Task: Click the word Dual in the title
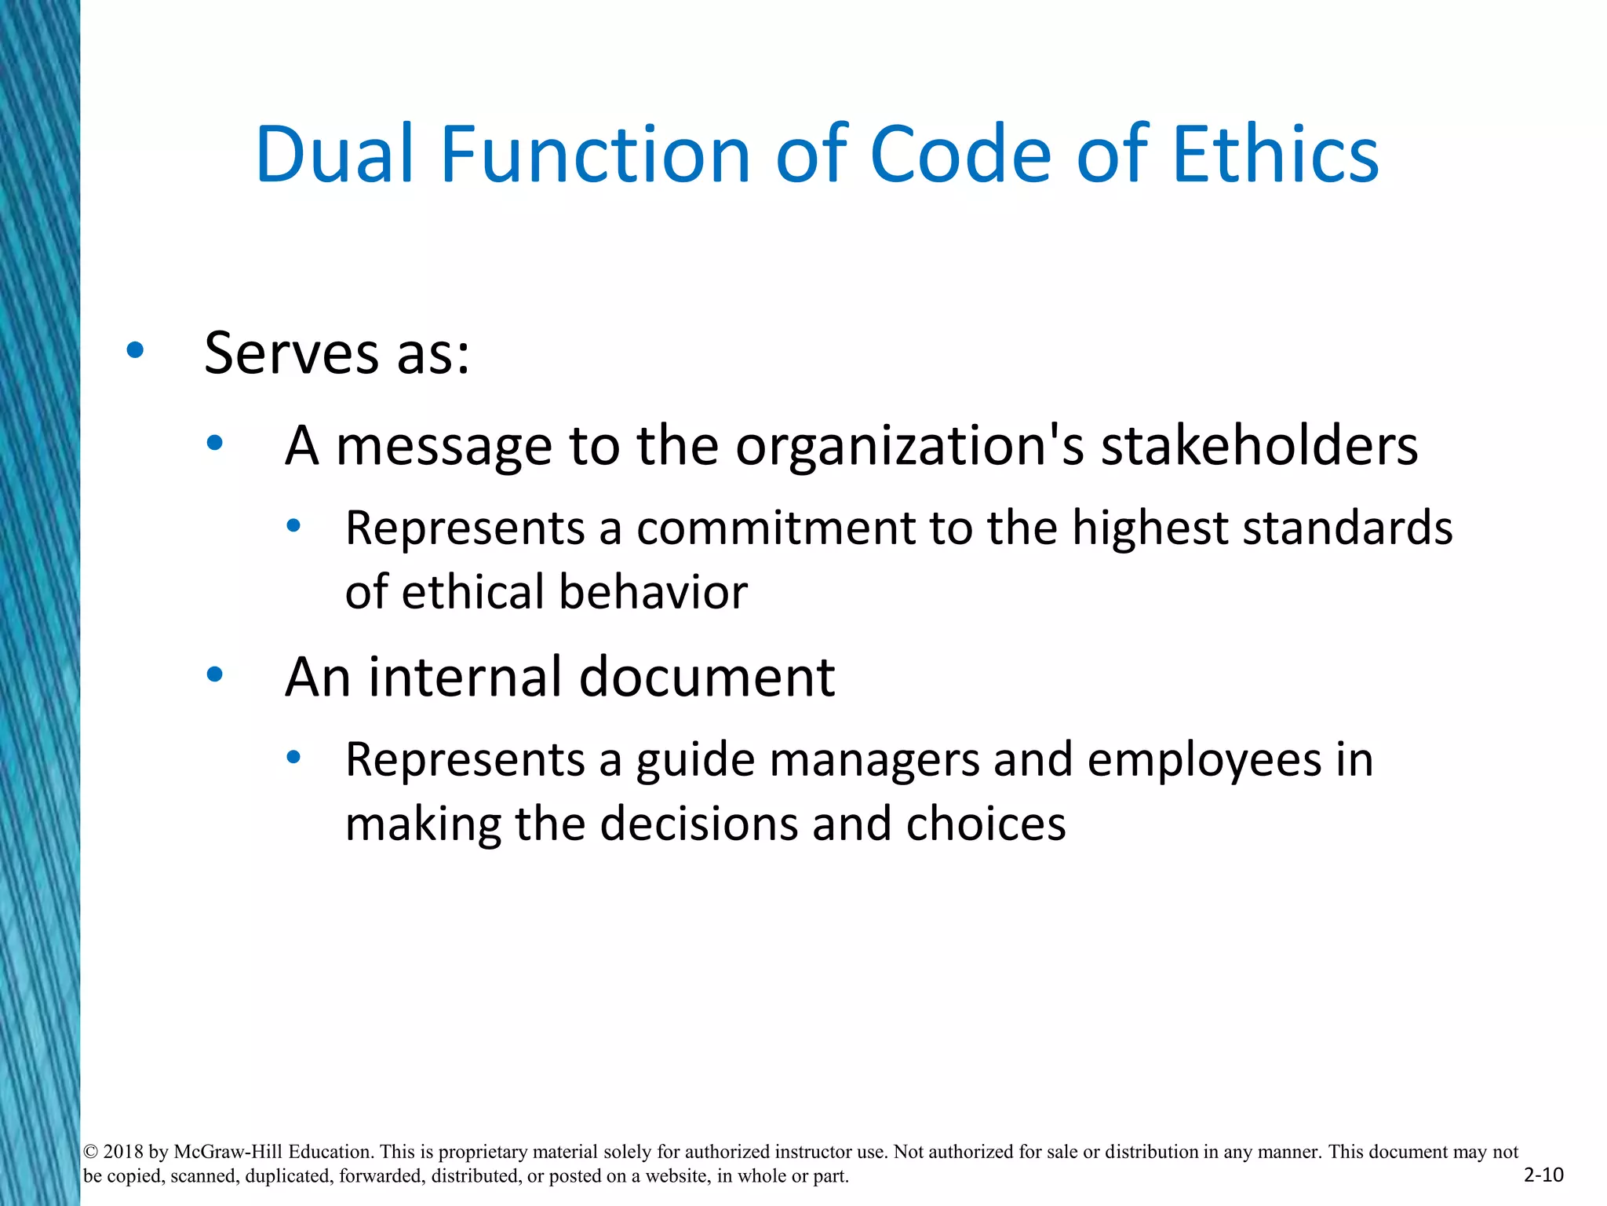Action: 334,155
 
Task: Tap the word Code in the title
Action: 960,155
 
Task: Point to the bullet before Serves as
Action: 135,351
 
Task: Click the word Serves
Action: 292,353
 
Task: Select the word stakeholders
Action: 1259,445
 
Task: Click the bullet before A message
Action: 215,444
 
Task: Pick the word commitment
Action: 775,528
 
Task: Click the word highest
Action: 1149,528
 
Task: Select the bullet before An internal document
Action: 215,674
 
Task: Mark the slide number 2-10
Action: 1543,1175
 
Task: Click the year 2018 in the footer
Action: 123,1152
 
